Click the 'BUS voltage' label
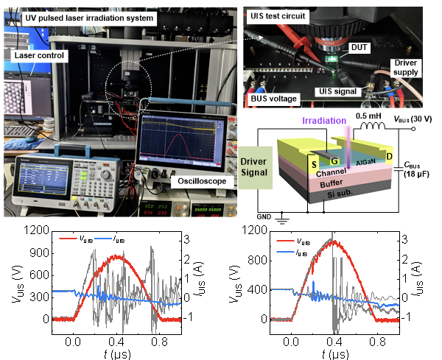[x=273, y=97]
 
